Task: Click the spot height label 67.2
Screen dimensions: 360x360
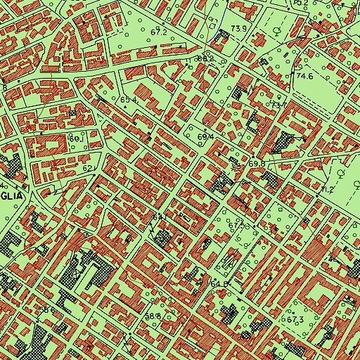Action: [x=157, y=32]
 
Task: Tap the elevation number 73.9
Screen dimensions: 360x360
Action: [x=239, y=28]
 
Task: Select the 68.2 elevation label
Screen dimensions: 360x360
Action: [x=204, y=60]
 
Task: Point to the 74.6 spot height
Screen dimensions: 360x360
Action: [x=304, y=75]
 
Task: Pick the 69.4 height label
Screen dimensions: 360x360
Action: [x=205, y=136]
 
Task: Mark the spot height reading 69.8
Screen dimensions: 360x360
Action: [x=257, y=163]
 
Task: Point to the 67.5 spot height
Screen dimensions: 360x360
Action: [x=243, y=226]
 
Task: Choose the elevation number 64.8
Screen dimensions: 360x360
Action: [x=219, y=283]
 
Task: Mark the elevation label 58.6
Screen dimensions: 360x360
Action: [x=46, y=309]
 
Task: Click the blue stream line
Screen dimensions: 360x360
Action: [x=219, y=20]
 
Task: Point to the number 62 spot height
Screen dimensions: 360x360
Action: [x=87, y=169]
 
